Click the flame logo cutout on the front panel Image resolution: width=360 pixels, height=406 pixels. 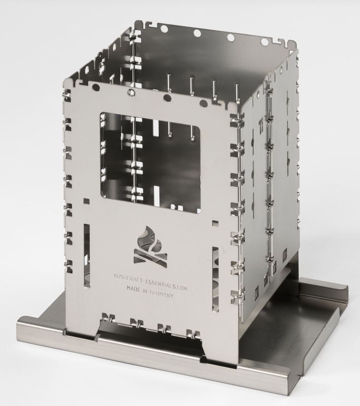[150, 247]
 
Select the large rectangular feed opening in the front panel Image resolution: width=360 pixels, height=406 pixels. [151, 162]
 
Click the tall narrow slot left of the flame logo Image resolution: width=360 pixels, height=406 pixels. [87, 256]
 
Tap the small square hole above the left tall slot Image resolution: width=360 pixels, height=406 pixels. [87, 201]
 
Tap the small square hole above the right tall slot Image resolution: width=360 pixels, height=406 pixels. [215, 223]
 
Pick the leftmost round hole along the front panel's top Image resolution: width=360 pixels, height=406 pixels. [95, 87]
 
